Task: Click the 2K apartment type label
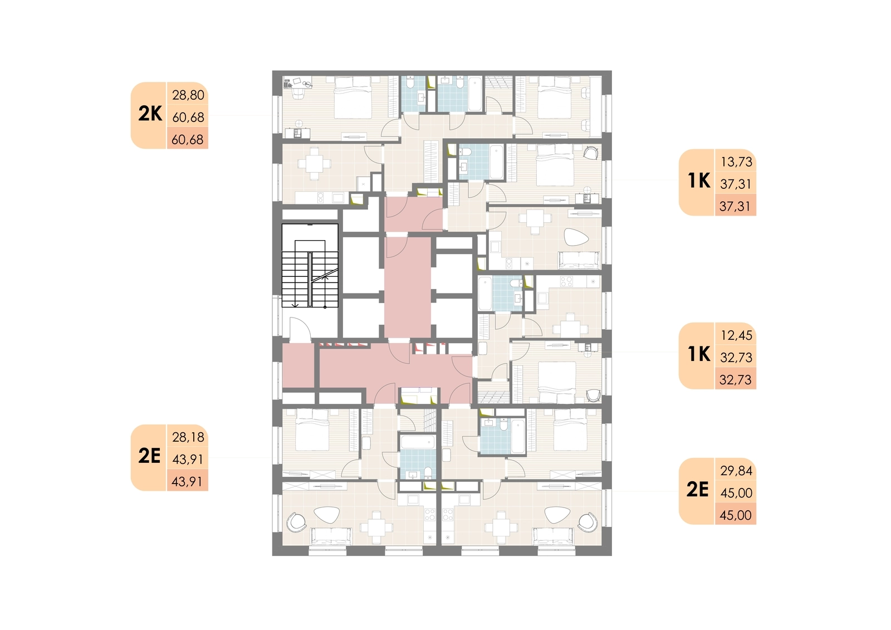click(150, 114)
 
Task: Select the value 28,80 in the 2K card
click(188, 95)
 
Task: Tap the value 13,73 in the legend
click(737, 162)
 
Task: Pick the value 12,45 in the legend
click(737, 335)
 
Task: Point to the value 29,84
click(737, 471)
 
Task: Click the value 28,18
click(188, 437)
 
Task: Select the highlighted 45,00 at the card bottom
click(736, 515)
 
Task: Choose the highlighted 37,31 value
click(735, 207)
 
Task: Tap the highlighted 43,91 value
click(187, 482)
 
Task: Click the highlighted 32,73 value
click(736, 380)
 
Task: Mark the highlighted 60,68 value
click(187, 140)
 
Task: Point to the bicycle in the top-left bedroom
click(307, 84)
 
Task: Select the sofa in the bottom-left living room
click(331, 536)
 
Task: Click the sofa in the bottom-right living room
click(554, 536)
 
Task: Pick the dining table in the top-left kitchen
click(315, 164)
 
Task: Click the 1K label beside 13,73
click(699, 181)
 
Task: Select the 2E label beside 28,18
click(149, 456)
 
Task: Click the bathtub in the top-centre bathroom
click(476, 94)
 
